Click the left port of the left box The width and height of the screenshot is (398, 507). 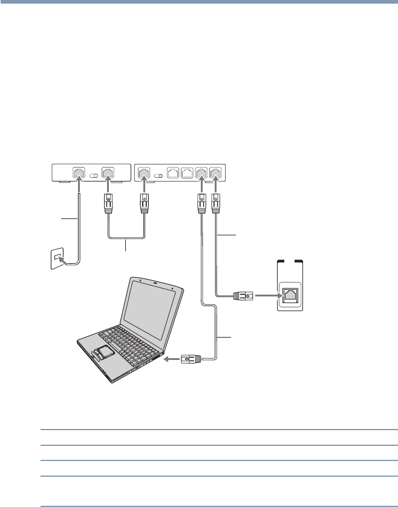[79, 172]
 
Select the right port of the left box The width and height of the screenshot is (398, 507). [108, 172]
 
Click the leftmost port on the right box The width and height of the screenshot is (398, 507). [143, 172]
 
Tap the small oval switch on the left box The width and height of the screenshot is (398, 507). [94, 175]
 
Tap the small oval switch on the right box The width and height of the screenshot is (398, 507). [157, 175]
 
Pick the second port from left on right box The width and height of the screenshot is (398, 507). [172, 172]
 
